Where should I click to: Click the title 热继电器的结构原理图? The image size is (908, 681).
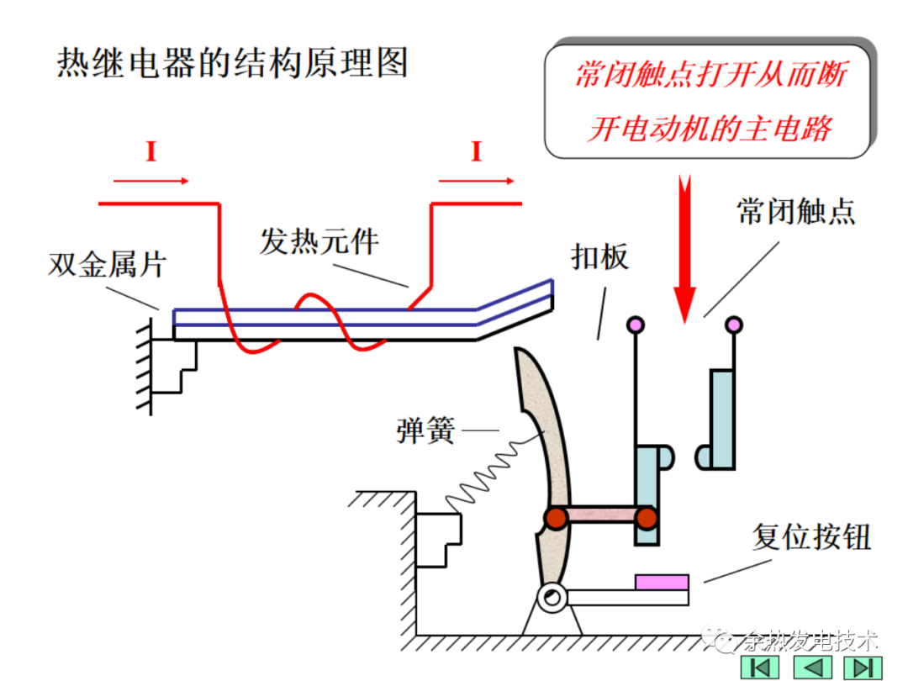pos(232,64)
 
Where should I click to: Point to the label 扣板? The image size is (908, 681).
pos(600,257)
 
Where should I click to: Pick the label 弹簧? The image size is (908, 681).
pos(425,432)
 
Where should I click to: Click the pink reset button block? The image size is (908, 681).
pos(662,582)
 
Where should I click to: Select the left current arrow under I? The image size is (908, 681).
pos(151,180)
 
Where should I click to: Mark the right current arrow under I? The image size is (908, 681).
pos(477,180)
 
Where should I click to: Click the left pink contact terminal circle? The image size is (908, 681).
pos(636,324)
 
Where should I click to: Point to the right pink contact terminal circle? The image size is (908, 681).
pos(734,324)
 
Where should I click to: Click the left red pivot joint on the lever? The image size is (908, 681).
pos(555,518)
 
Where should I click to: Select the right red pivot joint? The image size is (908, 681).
pos(646,518)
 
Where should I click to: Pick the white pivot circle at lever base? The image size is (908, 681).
pos(552,599)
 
